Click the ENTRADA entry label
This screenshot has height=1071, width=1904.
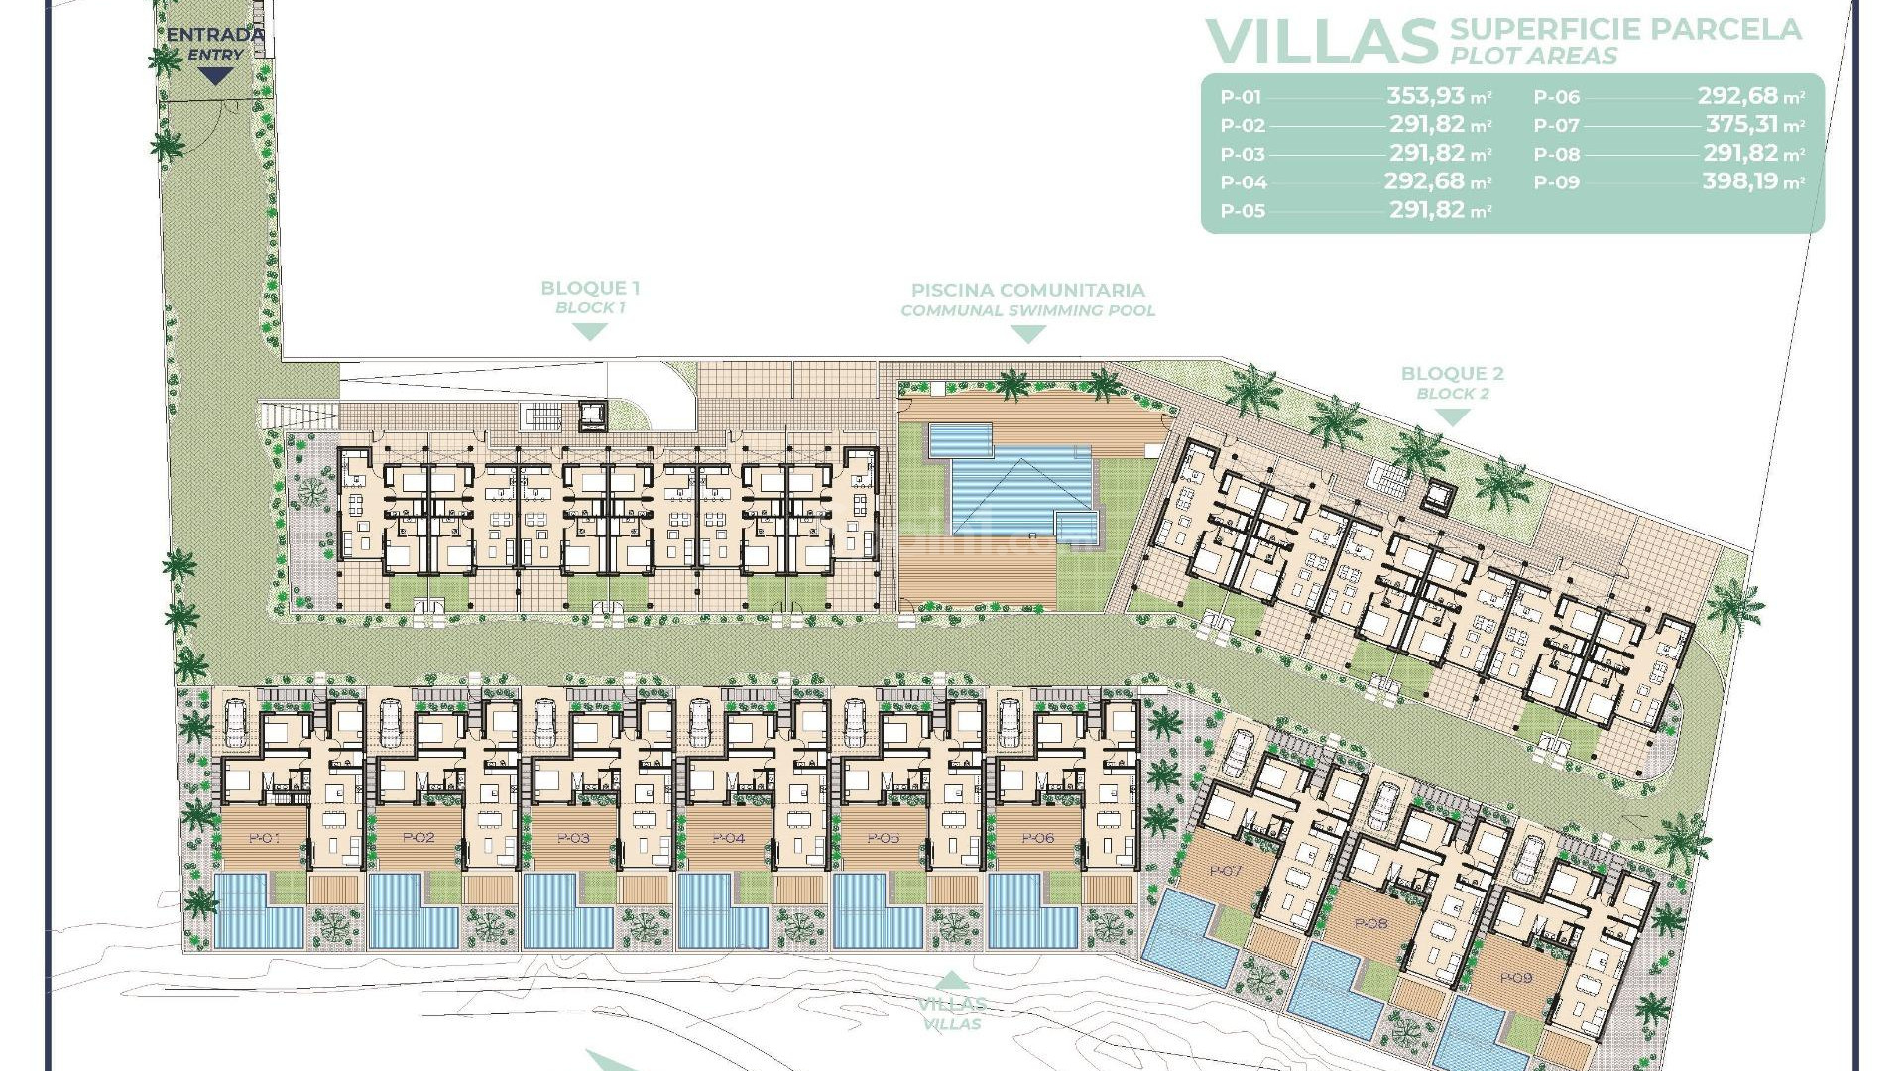pyautogui.click(x=215, y=35)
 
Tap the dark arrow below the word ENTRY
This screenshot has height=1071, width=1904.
pyautogui.click(x=215, y=75)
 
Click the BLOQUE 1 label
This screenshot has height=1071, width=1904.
pyautogui.click(x=590, y=288)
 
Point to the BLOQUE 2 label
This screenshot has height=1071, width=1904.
pyautogui.click(x=1452, y=374)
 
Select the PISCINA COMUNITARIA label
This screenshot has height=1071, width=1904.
pyautogui.click(x=1028, y=290)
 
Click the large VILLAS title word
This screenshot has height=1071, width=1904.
pyautogui.click(x=1321, y=42)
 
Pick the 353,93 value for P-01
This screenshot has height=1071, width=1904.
pyautogui.click(x=1424, y=96)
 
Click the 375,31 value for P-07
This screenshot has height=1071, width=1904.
pyautogui.click(x=1741, y=125)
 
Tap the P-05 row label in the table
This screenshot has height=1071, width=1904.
pyautogui.click(x=1243, y=211)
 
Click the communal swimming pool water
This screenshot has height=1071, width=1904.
pyautogui.click(x=1021, y=486)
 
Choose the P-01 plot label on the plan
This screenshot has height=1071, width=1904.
pyautogui.click(x=264, y=838)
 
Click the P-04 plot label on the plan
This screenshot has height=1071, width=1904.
pyautogui.click(x=728, y=838)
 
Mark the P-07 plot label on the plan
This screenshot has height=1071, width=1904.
pyautogui.click(x=1226, y=871)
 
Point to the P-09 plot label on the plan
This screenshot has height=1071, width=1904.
pyautogui.click(x=1516, y=978)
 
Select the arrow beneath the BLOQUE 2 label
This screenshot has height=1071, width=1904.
pyautogui.click(x=1452, y=417)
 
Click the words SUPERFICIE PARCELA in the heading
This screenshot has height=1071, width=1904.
pyautogui.click(x=1625, y=29)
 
